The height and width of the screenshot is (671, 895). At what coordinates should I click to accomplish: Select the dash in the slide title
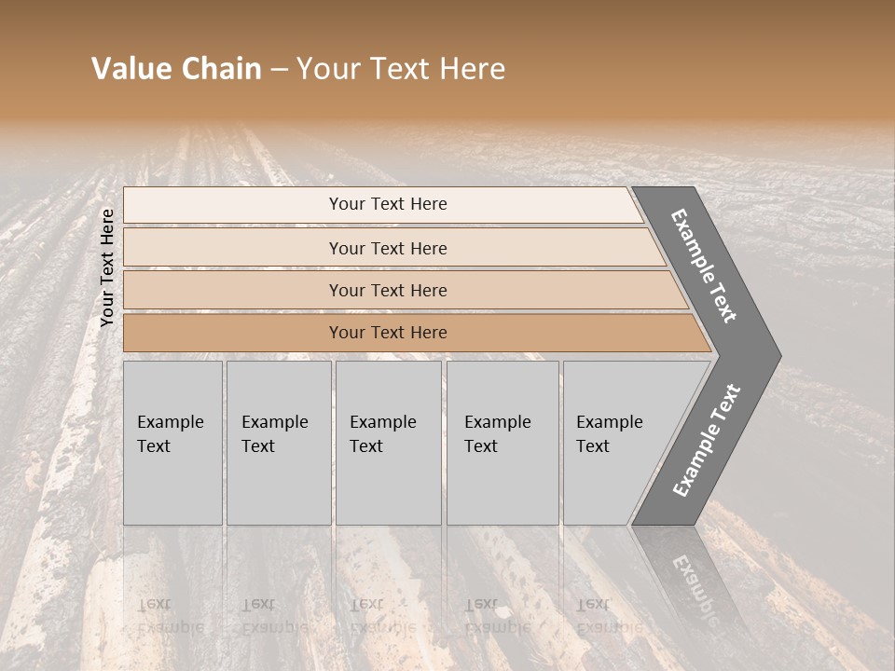coord(278,70)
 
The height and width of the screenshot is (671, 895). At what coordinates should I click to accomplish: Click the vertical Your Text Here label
coord(107,267)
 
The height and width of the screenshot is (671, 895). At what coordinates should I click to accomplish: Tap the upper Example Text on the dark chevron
coord(705,266)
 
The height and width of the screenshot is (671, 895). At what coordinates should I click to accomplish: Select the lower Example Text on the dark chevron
coord(706,441)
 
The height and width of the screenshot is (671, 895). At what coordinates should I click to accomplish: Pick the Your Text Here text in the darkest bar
coord(388,333)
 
